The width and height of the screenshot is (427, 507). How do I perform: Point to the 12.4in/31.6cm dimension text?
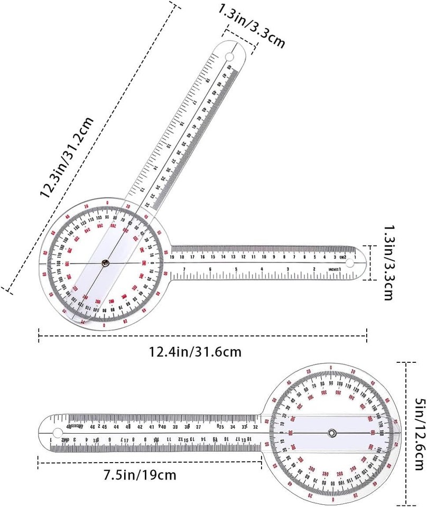point(203,350)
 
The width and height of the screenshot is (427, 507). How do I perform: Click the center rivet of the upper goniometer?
point(106,262)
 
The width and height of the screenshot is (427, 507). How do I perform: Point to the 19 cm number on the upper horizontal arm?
point(173,257)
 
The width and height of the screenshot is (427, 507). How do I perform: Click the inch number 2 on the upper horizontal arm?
point(314,269)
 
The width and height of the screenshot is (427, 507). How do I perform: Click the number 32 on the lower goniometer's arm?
point(255,426)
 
